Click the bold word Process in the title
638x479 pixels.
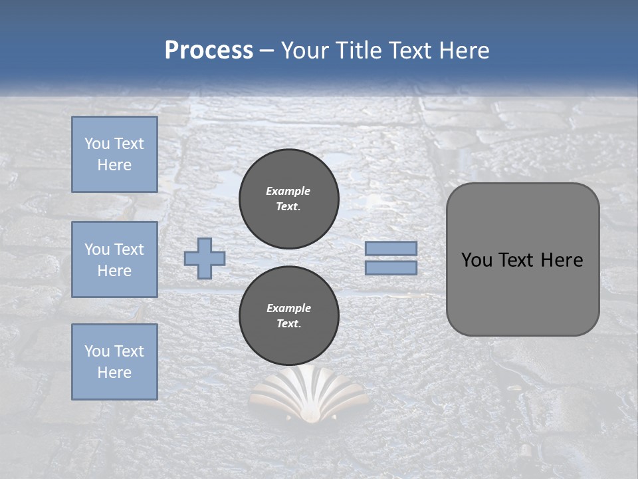pos(209,51)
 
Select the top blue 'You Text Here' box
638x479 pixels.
pos(114,154)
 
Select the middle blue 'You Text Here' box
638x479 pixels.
pos(114,259)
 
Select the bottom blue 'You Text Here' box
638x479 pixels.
pos(114,362)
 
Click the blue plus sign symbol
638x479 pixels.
pos(205,258)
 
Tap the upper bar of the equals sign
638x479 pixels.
pos(391,248)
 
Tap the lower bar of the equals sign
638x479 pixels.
pos(391,268)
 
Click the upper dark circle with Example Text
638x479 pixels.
pos(289,198)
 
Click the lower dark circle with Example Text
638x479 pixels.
pos(289,316)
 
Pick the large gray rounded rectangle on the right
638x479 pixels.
pos(522,259)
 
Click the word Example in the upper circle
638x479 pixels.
pos(288,191)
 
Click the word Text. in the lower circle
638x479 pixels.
pos(288,324)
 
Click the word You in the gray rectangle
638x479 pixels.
pos(477,260)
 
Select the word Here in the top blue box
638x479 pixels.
pos(114,165)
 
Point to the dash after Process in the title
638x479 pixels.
pos(267,51)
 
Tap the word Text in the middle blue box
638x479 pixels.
pos(128,249)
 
